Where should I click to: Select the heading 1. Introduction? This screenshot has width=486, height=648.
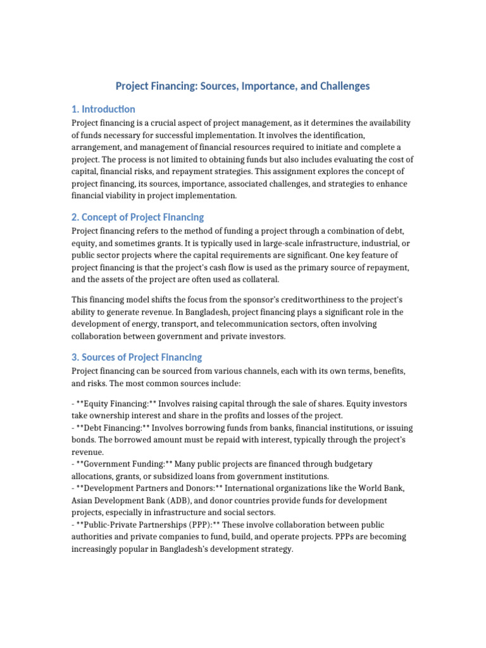pos(103,109)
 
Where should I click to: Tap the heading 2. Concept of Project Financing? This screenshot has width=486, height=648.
pos(137,217)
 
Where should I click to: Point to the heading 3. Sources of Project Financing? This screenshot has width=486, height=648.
pos(137,357)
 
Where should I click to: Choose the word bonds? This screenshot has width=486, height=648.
pos(85,440)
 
